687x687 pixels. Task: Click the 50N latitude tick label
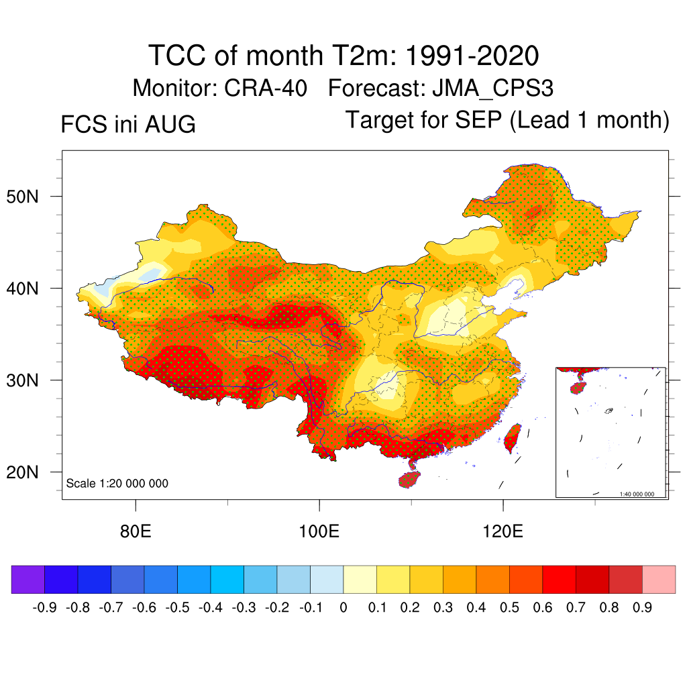click(22, 197)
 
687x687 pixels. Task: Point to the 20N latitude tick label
click(22, 472)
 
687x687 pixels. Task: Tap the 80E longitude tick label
click(136, 531)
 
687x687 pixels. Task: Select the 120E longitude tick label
click(503, 531)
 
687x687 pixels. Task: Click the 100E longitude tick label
click(319, 531)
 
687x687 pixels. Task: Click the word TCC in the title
click(177, 55)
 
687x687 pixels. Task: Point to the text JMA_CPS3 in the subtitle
click(493, 89)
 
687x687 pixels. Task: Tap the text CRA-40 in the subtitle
click(266, 88)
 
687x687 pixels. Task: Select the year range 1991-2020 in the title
click(472, 55)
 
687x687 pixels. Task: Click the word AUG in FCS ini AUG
click(170, 124)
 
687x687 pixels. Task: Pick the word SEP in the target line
click(478, 119)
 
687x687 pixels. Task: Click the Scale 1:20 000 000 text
click(117, 483)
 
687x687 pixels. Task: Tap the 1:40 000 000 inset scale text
click(637, 494)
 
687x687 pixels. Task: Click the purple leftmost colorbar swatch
click(28, 579)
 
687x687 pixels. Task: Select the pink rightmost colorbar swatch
click(659, 579)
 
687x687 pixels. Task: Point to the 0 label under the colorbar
click(343, 608)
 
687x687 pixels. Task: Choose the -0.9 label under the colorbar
click(44, 608)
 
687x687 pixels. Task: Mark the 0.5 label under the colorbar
click(510, 608)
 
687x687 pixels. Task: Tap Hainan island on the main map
click(409, 479)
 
